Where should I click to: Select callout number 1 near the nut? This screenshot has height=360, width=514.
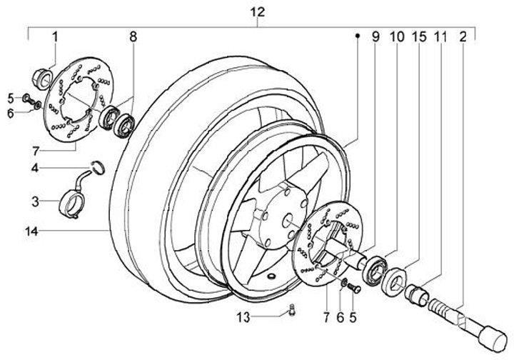(x=55, y=36)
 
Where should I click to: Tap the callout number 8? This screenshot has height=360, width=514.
(x=133, y=36)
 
